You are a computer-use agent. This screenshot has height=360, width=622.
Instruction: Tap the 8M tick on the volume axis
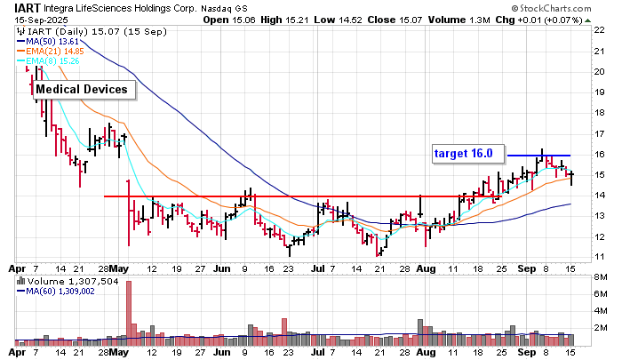pyautogui.click(x=600, y=280)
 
